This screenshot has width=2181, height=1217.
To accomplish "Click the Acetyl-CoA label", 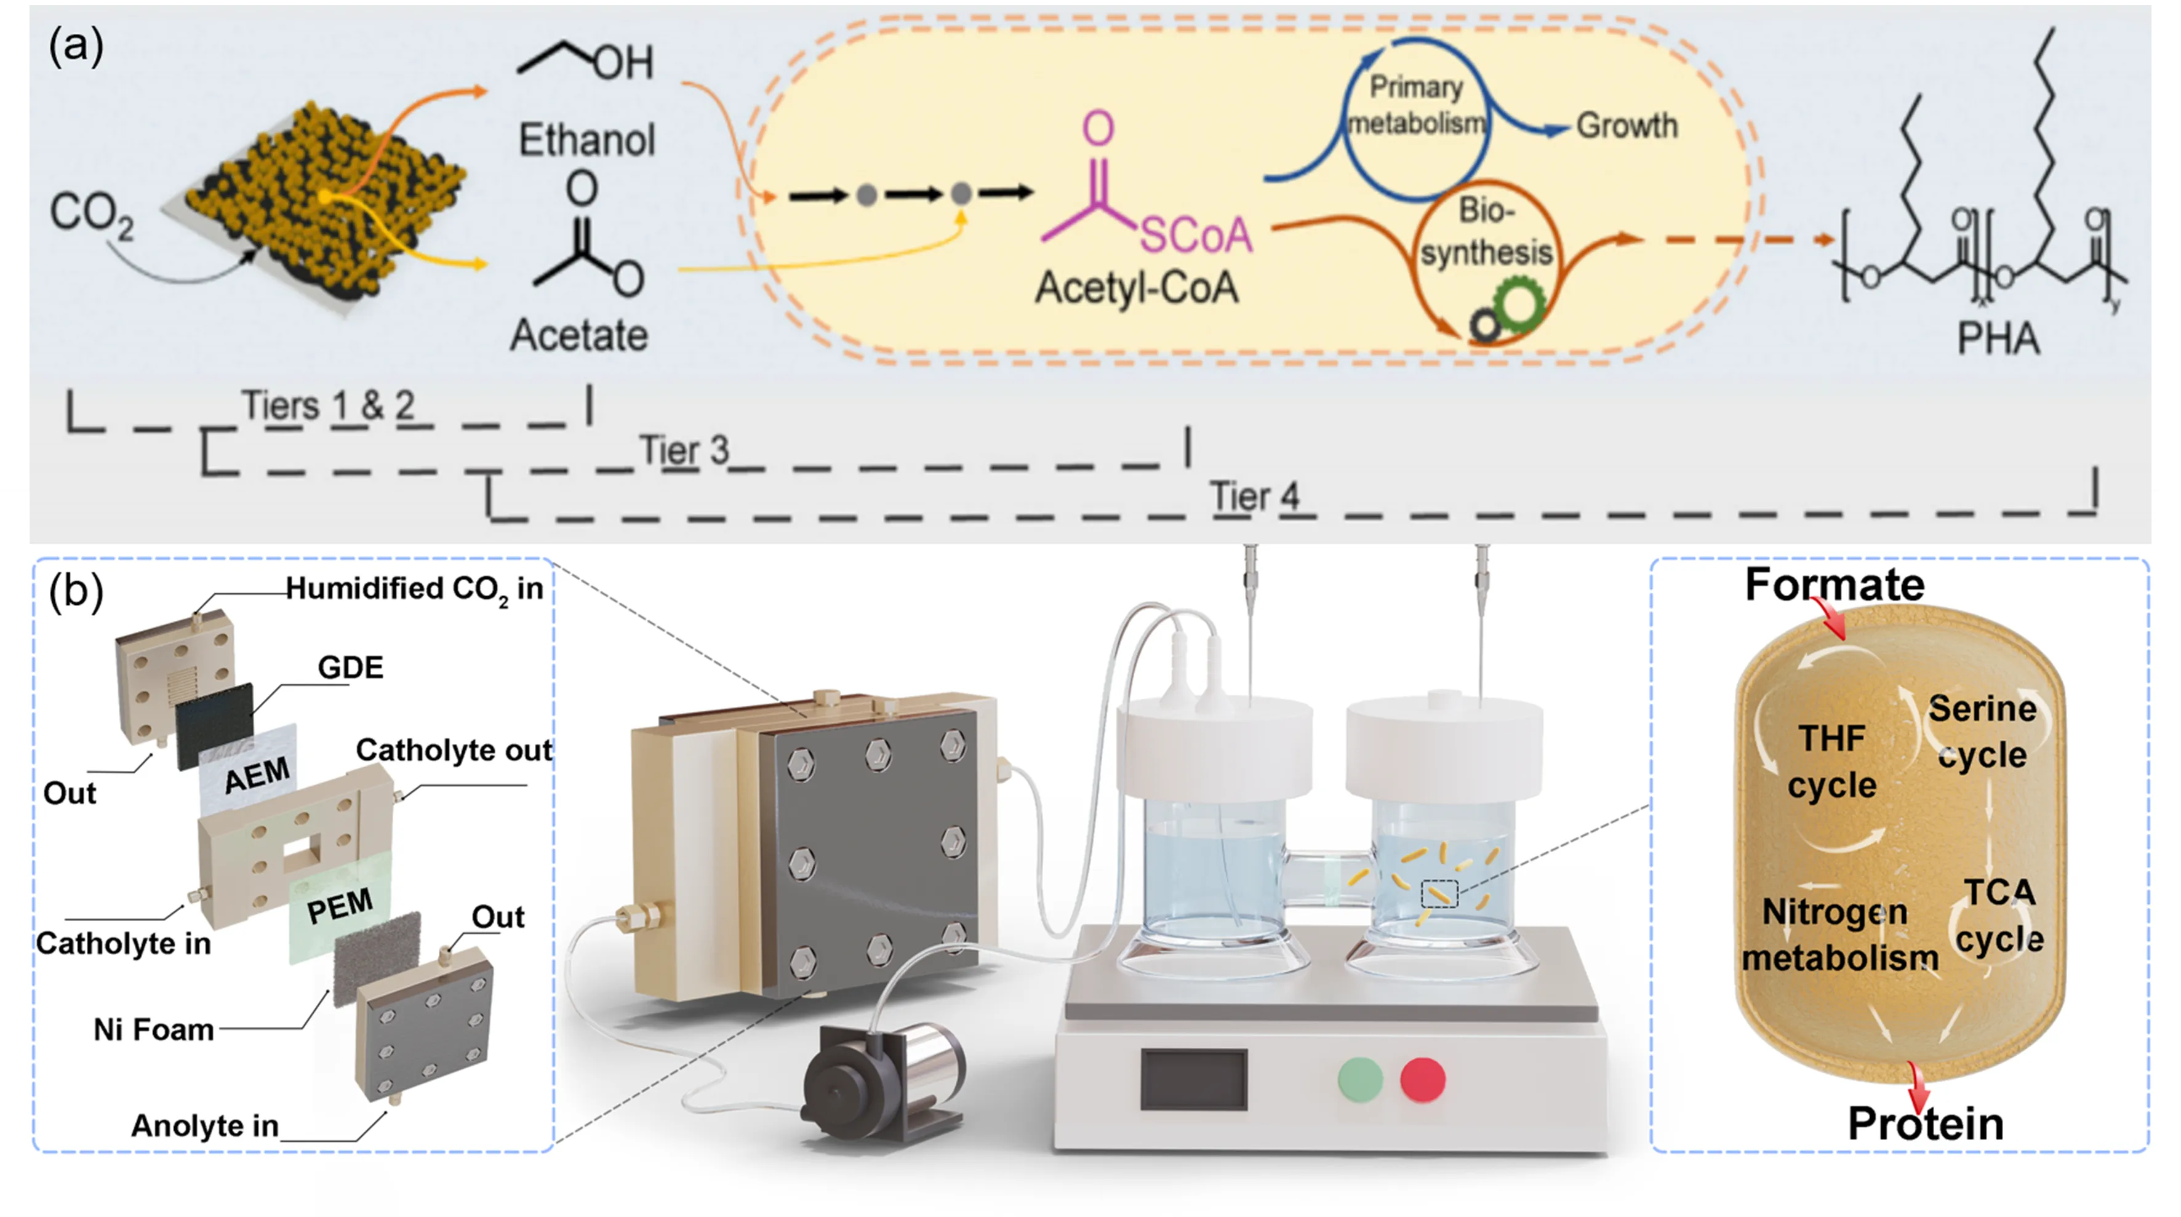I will (1136, 288).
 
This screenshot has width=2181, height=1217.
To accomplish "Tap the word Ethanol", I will (586, 140).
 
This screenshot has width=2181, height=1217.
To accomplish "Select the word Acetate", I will (579, 335).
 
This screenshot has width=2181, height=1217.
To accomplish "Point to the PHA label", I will (1998, 338).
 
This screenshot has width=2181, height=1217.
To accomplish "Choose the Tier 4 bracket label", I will (1254, 496).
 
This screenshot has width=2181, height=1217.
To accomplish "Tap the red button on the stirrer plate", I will (1422, 1080).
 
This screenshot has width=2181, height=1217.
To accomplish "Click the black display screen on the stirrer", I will (1194, 1079).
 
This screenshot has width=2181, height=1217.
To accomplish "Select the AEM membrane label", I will (257, 775).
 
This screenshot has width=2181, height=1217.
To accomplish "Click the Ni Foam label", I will (153, 1030).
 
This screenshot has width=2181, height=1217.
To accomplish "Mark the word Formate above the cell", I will (1835, 585).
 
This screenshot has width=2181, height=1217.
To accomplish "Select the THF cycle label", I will (1832, 762).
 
